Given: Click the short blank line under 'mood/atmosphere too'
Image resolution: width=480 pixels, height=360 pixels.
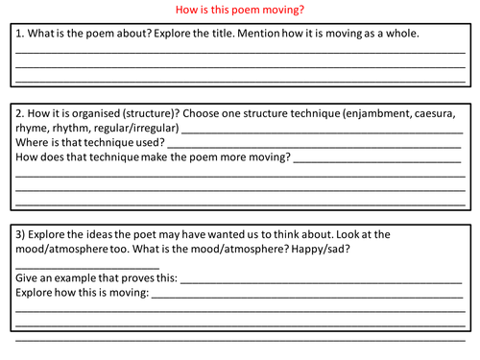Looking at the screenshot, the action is [86, 267].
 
